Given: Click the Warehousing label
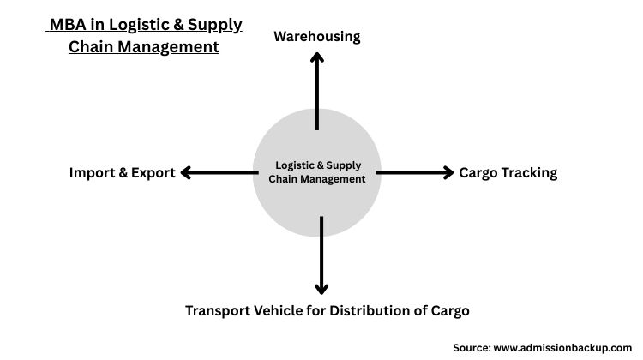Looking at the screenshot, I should click(316, 36).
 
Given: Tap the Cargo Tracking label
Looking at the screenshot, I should click(508, 172).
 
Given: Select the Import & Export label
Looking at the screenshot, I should click(123, 172).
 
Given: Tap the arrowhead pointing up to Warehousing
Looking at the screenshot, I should click(317, 58).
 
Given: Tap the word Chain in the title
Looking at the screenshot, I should click(90, 47).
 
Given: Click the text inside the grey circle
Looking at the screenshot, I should click(317, 172).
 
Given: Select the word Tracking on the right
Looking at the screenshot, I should click(529, 172).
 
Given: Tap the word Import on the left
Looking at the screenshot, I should click(93, 172).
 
